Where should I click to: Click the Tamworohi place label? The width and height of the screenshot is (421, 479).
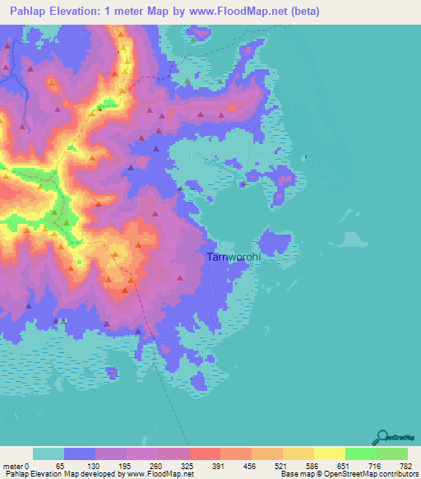point(234,257)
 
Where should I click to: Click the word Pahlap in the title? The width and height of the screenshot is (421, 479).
point(27,12)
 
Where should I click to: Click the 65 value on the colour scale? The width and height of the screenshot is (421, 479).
point(58,465)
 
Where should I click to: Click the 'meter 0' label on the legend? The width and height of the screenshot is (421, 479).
point(16,465)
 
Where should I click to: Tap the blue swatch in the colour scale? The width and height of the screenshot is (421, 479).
point(80,453)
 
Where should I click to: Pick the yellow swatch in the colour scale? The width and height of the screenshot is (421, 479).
point(328,453)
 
